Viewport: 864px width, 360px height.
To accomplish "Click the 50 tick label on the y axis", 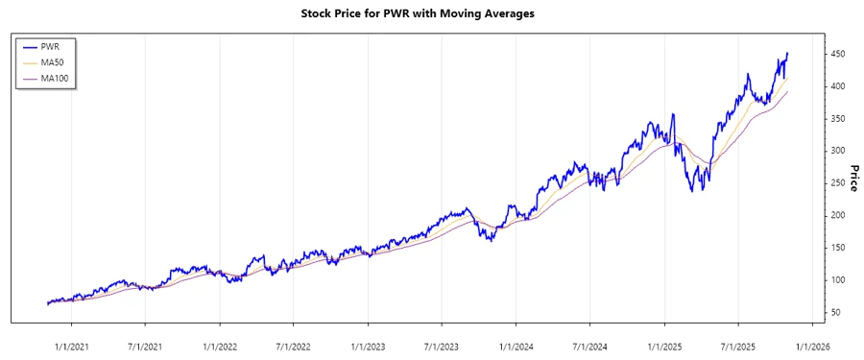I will point(836,313).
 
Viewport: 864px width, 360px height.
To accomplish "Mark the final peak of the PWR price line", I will point(787,54).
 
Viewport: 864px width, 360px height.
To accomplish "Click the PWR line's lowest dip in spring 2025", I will point(692,191).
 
